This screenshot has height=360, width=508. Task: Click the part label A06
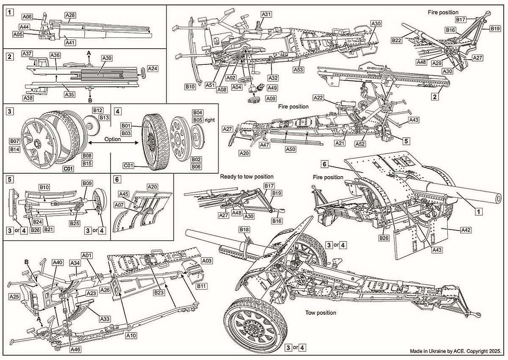tap(27, 17)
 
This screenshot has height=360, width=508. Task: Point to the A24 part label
tap(153, 68)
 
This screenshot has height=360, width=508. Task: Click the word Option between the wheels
tap(112, 139)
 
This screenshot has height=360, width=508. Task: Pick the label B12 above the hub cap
tap(98, 110)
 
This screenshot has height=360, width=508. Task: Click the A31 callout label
tap(266, 14)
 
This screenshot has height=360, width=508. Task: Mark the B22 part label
tap(396, 41)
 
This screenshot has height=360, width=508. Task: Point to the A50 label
tap(290, 150)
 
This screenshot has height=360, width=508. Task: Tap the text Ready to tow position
tap(247, 177)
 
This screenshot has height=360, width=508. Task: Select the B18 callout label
tap(244, 230)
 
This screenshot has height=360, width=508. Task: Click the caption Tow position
tap(321, 313)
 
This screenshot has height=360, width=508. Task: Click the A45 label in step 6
tap(124, 194)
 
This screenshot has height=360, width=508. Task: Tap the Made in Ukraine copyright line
tap(455, 352)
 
